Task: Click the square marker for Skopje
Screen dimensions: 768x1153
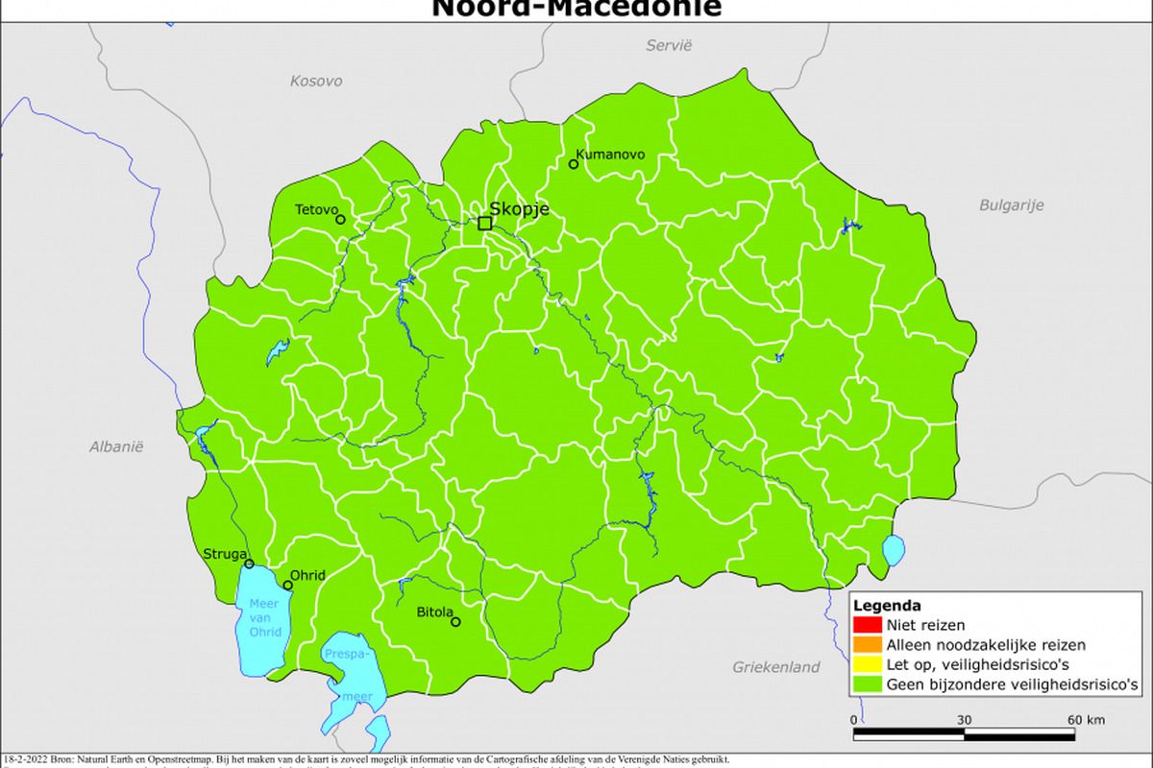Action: (485, 223)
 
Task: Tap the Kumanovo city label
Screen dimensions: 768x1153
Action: (610, 155)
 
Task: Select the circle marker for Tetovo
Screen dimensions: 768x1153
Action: (340, 220)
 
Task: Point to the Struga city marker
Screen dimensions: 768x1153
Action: (249, 564)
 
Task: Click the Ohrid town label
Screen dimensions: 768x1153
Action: (308, 575)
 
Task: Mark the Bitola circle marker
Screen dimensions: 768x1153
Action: (455, 621)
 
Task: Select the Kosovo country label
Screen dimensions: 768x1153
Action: (316, 82)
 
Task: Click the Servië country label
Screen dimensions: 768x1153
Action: (669, 45)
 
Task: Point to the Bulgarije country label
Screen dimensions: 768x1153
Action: (1011, 204)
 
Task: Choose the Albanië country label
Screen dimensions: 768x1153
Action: (116, 446)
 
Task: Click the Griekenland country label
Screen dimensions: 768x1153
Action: (776, 666)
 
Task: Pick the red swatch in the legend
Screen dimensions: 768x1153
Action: (861, 625)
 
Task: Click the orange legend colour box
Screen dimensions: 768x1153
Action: (861, 645)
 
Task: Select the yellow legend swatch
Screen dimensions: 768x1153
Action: (861, 664)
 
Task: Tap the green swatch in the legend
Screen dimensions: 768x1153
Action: (861, 684)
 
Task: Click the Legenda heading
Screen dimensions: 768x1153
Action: (887, 606)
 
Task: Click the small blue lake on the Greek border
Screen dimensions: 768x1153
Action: (894, 551)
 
